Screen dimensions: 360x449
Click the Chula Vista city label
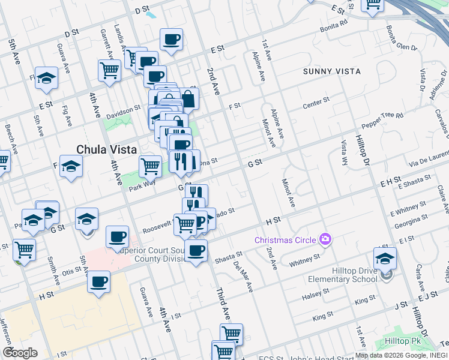[x=107, y=149]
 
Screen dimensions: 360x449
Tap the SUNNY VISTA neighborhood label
[x=332, y=71]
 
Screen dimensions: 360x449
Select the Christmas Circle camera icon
[x=325, y=240]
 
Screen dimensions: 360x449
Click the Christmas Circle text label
[x=285, y=240]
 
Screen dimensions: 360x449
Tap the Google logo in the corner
[x=20, y=352]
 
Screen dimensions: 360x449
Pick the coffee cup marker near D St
[x=171, y=40]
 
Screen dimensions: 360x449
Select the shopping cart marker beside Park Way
[x=150, y=166]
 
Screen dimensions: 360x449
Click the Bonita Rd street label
[x=334, y=26]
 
